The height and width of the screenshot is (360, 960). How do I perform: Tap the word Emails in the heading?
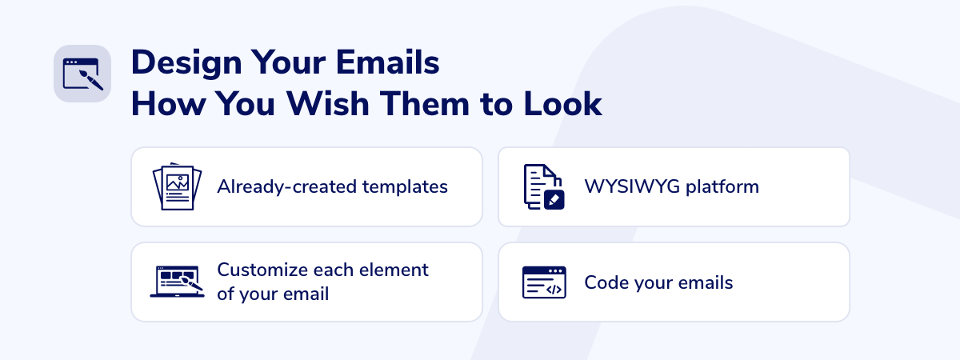(387, 62)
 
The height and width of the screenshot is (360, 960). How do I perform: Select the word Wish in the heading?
(328, 104)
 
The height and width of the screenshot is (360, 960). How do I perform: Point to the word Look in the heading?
(562, 104)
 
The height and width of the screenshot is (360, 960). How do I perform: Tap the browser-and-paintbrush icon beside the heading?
(82, 74)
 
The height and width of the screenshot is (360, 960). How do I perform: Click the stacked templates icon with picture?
(177, 186)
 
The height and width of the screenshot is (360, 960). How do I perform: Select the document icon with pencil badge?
(544, 187)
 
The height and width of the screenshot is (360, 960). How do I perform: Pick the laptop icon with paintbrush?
(177, 282)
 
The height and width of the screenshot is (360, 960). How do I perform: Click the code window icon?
(544, 282)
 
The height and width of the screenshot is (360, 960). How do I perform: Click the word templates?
(405, 187)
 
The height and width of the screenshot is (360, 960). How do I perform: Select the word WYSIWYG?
(632, 187)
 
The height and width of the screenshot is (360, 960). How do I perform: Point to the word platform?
(722, 188)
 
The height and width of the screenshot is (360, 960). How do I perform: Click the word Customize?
(262, 270)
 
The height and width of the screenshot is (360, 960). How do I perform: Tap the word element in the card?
(394, 270)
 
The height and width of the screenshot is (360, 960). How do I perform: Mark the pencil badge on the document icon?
(554, 200)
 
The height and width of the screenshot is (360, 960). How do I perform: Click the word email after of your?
(304, 294)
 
